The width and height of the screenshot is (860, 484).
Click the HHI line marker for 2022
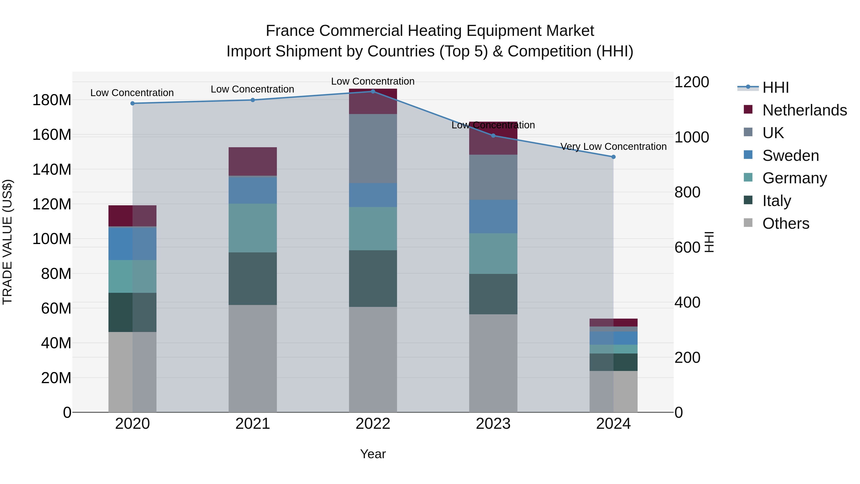373,91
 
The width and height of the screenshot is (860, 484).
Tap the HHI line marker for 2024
613,157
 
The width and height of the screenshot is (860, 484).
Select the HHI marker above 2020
133,103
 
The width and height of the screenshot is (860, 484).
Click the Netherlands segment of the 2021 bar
253,161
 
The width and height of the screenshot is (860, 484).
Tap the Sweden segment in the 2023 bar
493,217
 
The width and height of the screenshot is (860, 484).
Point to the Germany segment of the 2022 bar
373,228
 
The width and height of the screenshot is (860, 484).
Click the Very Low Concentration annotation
613,147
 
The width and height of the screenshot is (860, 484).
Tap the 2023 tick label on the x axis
493,424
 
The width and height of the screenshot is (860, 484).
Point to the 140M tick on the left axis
52,169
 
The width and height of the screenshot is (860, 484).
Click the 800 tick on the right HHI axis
687,192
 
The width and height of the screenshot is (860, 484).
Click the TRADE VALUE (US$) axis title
7,242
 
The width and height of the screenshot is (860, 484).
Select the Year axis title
373,454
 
